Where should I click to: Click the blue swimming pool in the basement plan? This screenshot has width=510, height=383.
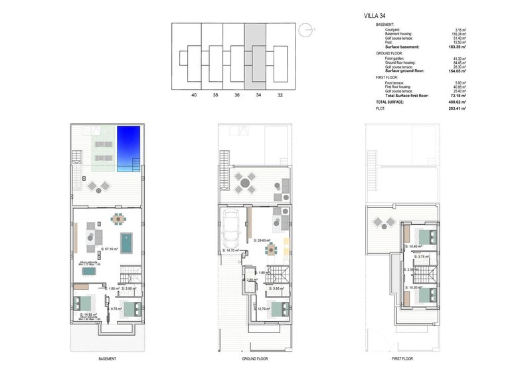point(128,149)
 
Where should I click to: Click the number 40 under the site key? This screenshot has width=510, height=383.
point(194,95)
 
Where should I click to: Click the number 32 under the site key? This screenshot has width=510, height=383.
point(280,95)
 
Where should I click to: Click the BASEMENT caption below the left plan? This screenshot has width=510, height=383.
point(108,358)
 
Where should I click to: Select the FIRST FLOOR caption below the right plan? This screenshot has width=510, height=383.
point(403,358)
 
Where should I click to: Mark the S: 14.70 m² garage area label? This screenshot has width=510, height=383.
point(232,251)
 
